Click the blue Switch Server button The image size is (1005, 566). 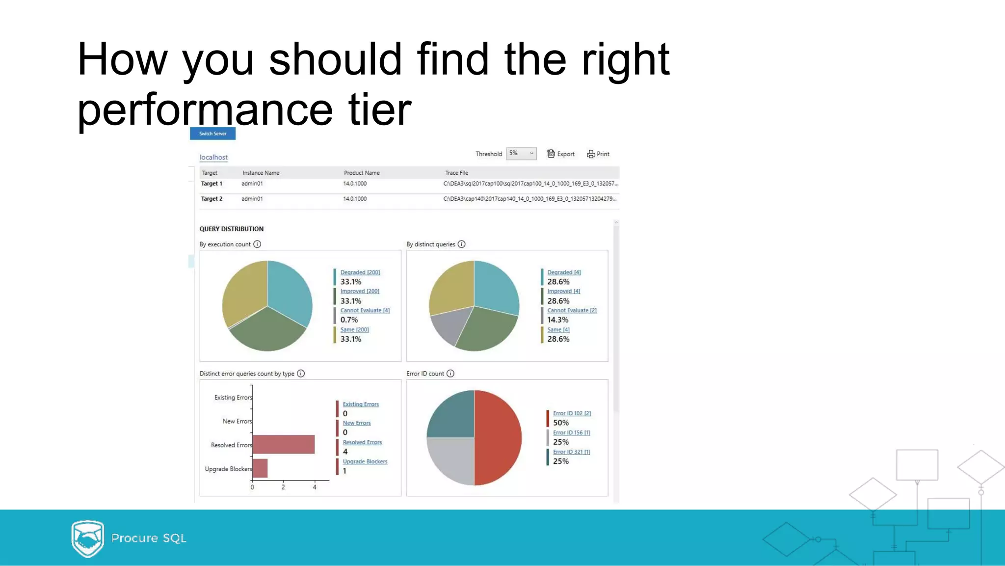click(x=212, y=134)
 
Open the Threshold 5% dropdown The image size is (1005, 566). click(x=521, y=154)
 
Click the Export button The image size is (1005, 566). click(x=561, y=154)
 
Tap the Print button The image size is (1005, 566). click(x=598, y=154)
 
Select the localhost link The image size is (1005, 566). click(x=213, y=157)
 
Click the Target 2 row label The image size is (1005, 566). click(x=212, y=199)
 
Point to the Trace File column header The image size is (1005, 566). click(x=456, y=173)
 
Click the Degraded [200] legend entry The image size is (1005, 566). click(x=360, y=272)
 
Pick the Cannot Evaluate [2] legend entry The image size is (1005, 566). click(x=572, y=310)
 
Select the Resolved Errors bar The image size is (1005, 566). click(x=284, y=444)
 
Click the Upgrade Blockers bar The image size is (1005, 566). click(x=260, y=468)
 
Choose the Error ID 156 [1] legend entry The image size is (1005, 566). click(x=571, y=432)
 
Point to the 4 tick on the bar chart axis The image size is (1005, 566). click(x=315, y=487)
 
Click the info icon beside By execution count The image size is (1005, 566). click(x=257, y=244)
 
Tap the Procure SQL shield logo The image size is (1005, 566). click(x=87, y=539)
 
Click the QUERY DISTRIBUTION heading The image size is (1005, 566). click(x=231, y=229)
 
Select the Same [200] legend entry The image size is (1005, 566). click(x=354, y=330)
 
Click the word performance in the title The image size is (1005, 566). click(x=205, y=110)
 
